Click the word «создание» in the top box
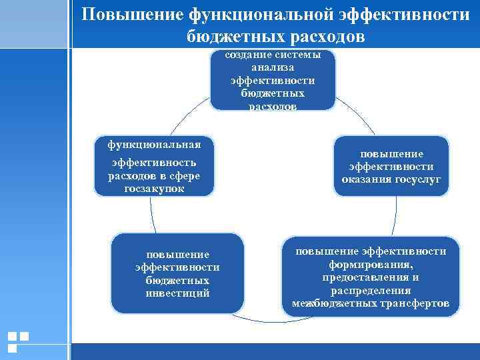click(x=248, y=55)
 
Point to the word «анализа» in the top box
click(x=273, y=68)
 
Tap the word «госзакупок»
click(x=154, y=189)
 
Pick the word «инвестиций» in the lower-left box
click(x=177, y=293)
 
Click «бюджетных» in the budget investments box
click(x=177, y=280)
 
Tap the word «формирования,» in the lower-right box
click(x=371, y=264)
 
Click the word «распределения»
click(x=371, y=291)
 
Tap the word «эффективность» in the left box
click(x=154, y=162)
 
